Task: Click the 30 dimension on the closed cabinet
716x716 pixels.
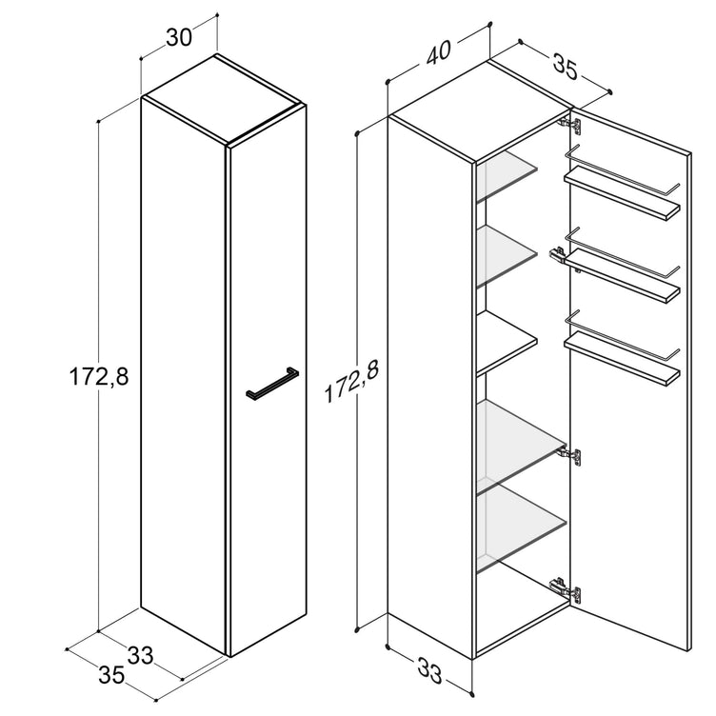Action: [x=179, y=37]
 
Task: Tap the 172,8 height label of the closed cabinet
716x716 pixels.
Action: [x=99, y=377]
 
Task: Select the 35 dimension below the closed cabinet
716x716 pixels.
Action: [x=112, y=675]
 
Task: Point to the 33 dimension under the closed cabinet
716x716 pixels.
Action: [x=140, y=656]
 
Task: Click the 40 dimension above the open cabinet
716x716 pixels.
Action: [x=438, y=52]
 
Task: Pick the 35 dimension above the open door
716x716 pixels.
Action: [x=566, y=67]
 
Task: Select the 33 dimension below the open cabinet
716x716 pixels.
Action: [x=429, y=671]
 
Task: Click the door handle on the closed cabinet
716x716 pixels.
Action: [x=272, y=384]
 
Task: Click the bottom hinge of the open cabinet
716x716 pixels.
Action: [x=567, y=588]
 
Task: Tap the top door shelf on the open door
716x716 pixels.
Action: [x=622, y=193]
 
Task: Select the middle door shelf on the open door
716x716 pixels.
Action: [x=622, y=276]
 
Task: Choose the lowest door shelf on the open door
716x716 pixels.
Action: [x=622, y=358]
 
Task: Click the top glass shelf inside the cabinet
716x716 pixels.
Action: [x=507, y=176]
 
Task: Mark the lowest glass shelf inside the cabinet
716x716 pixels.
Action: [x=522, y=527]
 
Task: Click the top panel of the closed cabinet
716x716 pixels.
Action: [x=224, y=101]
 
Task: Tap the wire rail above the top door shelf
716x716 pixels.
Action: [x=622, y=169]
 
